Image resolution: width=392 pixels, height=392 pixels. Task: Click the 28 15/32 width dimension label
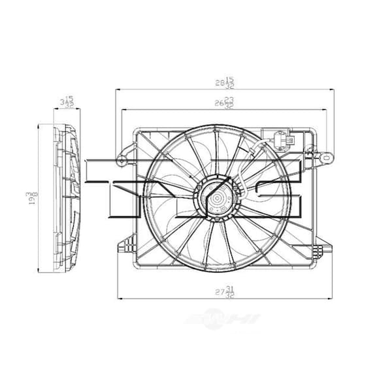coord(225,83)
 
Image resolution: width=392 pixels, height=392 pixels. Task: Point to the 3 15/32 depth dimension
coord(65,102)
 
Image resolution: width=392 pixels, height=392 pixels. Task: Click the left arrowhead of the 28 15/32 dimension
coord(117,91)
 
